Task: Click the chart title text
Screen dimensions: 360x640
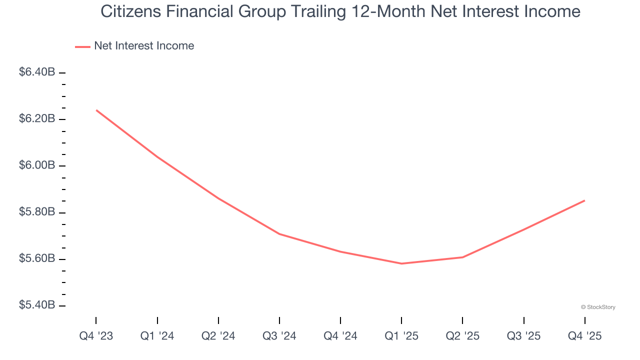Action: tap(340, 11)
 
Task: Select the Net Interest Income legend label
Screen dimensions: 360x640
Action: tap(144, 46)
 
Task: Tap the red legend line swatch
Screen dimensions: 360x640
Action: tap(82, 46)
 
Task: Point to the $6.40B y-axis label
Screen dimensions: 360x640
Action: tap(37, 72)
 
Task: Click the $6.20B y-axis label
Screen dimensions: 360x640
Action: tap(37, 119)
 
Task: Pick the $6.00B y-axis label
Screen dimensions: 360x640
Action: tap(37, 165)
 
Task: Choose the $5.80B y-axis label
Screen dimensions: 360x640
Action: tap(37, 212)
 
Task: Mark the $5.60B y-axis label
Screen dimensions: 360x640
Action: tap(37, 259)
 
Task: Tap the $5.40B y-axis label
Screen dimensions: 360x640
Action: tap(37, 305)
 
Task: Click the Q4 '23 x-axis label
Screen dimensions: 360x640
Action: tap(96, 336)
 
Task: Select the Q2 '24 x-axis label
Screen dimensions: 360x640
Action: tap(218, 336)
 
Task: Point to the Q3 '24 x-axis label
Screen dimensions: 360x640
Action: tap(279, 336)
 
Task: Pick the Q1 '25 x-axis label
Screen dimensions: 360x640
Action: tap(401, 336)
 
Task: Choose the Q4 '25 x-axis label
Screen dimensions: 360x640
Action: tap(585, 336)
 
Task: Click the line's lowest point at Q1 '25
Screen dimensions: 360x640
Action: tap(401, 263)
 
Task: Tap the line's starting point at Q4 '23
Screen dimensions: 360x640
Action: tap(96, 110)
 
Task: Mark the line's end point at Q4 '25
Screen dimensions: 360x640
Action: tap(584, 200)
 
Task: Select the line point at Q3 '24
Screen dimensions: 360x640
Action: tap(279, 234)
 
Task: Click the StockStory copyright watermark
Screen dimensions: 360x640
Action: tap(598, 307)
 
